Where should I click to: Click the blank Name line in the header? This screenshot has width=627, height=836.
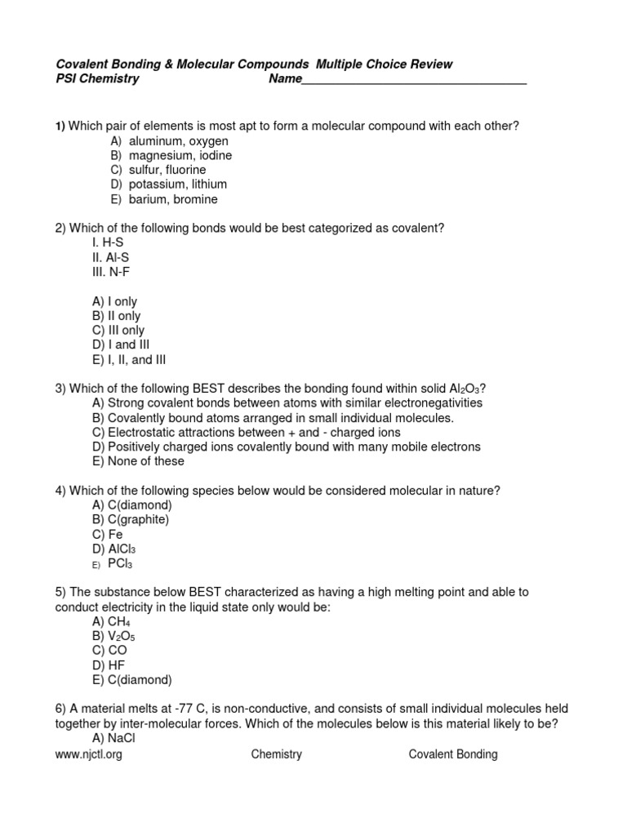pos(414,79)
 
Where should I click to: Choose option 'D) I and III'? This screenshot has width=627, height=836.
pos(127,345)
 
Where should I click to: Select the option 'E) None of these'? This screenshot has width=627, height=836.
pos(139,461)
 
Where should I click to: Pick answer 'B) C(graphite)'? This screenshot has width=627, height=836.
pos(131,519)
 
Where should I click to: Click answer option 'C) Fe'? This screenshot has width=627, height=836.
pos(108,534)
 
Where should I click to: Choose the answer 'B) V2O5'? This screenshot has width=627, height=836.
pos(112,636)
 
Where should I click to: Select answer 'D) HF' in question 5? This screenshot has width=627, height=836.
pos(110,665)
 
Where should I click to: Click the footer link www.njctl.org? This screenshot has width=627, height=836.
pos(89,754)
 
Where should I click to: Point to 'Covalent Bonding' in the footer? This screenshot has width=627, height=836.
pos(453,754)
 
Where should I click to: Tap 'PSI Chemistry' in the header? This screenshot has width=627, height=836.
pos(97,79)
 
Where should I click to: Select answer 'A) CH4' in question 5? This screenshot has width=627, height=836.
pos(111,621)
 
